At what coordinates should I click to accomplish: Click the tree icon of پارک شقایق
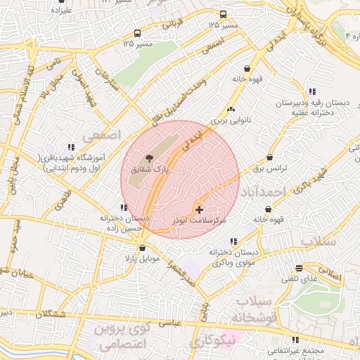pyautogui.click(x=148, y=159)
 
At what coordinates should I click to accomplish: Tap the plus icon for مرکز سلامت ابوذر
pyautogui.click(x=199, y=210)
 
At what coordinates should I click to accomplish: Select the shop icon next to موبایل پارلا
pyautogui.click(x=143, y=247)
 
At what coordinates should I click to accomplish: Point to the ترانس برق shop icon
pyautogui.click(x=269, y=157)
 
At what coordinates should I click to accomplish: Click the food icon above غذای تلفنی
pyautogui.click(x=300, y=268)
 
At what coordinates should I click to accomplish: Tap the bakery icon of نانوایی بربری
pyautogui.click(x=231, y=109)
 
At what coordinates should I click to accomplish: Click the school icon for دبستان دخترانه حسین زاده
pyautogui.click(x=124, y=207)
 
